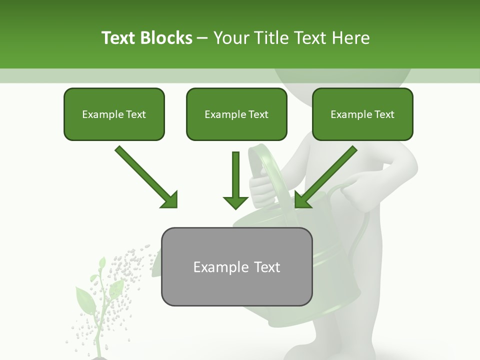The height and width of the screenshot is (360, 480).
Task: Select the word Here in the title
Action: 350,38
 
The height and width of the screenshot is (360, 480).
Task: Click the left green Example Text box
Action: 114,114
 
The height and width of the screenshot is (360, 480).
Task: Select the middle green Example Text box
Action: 236,114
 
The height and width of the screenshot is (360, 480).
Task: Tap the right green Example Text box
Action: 362,114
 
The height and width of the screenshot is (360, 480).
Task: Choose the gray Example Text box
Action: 236,266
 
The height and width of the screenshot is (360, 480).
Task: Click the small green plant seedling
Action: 100,305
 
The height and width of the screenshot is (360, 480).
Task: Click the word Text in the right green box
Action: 384,114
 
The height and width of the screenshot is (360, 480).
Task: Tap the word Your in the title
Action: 230,38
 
